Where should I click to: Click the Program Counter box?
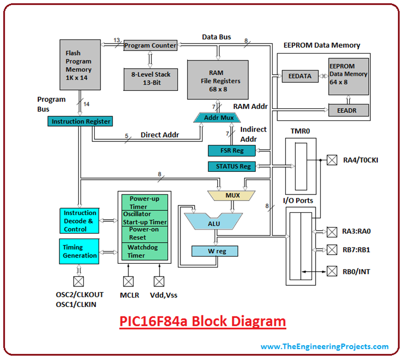(x=150, y=46)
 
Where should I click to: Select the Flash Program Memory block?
(x=78, y=65)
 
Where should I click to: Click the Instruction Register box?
(x=80, y=121)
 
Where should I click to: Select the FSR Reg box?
(x=232, y=151)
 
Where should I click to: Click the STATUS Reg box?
(x=232, y=167)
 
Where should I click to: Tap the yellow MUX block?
(x=232, y=196)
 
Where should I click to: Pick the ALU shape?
(x=213, y=223)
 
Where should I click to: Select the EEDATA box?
(x=300, y=76)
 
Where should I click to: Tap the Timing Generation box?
(x=79, y=251)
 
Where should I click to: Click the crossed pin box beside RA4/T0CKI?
(x=331, y=160)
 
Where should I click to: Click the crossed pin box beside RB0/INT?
(x=331, y=271)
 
